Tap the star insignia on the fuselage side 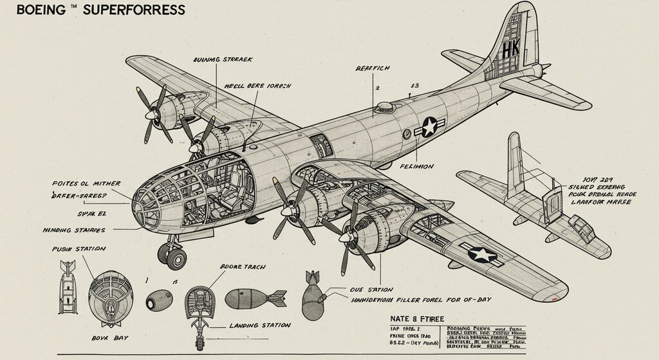pyautogui.click(x=429, y=127)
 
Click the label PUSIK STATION pyautogui.click(x=79, y=249)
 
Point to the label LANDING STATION pyautogui.click(x=259, y=325)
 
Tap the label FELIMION pyautogui.click(x=416, y=166)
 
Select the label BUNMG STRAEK pyautogui.click(x=223, y=59)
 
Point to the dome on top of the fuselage pyautogui.click(x=385, y=106)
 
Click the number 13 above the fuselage pyautogui.click(x=414, y=86)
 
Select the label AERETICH pyautogui.click(x=373, y=68)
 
